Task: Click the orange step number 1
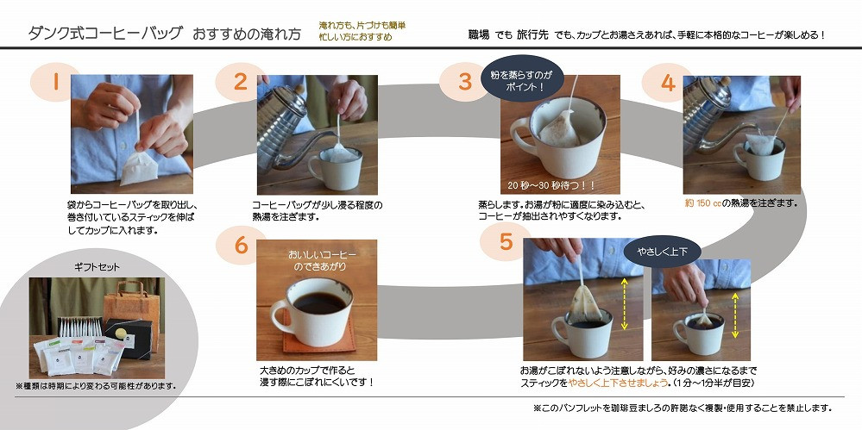(x=55, y=82)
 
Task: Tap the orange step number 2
(x=240, y=82)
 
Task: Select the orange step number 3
(x=465, y=82)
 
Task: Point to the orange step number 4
(x=668, y=83)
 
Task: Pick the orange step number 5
(x=506, y=242)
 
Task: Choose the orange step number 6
(x=241, y=245)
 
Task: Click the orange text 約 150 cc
(x=702, y=203)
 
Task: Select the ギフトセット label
(x=97, y=267)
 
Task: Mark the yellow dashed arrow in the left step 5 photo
(x=624, y=303)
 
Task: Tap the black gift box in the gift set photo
(x=128, y=338)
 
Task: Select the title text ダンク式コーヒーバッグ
(x=104, y=34)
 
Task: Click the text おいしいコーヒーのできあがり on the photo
(x=322, y=261)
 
